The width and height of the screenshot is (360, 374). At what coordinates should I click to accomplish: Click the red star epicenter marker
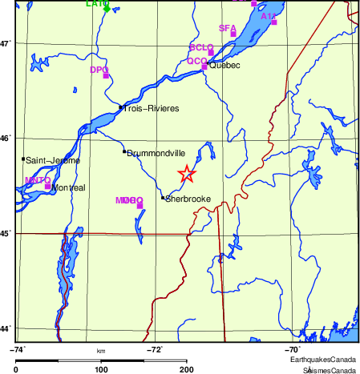tap(186, 174)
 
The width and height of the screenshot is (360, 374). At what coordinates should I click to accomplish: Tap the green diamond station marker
tap(107, 9)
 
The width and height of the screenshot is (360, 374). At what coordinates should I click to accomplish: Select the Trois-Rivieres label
tap(151, 108)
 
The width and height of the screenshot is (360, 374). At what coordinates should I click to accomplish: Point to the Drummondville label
tap(156, 152)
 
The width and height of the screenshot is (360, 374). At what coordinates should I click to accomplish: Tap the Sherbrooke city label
tap(188, 199)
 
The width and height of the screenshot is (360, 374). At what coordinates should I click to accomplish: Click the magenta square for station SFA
tap(233, 34)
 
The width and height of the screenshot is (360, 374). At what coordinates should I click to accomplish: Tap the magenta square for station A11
tap(274, 22)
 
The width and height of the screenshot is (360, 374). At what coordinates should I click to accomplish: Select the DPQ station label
tap(99, 70)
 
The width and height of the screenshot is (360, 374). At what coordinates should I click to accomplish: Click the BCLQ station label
tap(200, 48)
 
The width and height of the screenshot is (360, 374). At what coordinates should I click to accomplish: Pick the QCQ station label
tap(197, 61)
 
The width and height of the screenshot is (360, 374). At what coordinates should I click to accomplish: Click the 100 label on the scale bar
tap(102, 368)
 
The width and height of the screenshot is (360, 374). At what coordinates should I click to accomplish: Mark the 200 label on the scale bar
tap(187, 368)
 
